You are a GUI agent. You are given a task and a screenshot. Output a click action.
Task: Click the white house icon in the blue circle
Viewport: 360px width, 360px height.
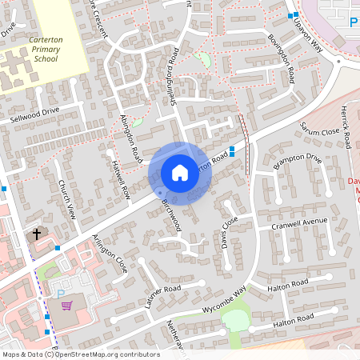[180, 172]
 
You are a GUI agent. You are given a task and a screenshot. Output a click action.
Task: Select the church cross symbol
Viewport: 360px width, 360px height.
[36, 235]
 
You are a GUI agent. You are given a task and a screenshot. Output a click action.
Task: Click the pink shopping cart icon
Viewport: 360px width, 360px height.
[67, 305]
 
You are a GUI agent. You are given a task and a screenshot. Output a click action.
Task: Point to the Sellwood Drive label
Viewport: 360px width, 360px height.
[34, 111]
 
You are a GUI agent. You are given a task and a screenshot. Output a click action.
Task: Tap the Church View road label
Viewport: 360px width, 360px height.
[67, 201]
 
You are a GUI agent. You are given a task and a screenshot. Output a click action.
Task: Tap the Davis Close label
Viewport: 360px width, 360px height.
[228, 230]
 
